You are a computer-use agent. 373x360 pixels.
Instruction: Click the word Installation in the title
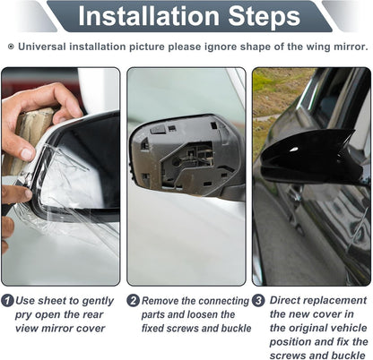149,15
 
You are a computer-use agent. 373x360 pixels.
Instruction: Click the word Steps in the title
265,17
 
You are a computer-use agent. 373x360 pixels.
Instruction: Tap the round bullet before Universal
11,47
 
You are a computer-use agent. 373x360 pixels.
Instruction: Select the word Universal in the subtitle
42,47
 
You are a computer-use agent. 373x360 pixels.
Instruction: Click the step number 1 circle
7,300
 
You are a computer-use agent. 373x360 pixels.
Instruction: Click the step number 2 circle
133,300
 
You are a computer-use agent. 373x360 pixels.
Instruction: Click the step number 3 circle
258,300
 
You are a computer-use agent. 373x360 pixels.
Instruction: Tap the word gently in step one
98,301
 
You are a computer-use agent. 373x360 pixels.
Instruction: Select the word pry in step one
23,315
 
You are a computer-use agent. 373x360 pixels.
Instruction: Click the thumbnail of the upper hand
28,153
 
